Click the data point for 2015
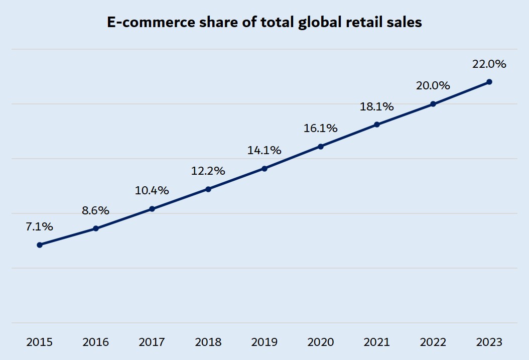pos(39,245)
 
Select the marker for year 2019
pos(264,169)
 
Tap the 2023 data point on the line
pos(489,82)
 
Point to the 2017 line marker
pos(152,209)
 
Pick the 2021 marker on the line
pos(377,125)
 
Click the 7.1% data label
pos(39,227)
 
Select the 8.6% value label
pos(95,211)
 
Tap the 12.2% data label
pos(208,171)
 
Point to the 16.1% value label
pos(320,129)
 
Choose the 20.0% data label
pos(433,86)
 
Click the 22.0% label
pos(489,64)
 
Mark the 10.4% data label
pos(152,191)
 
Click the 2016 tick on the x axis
pos(95,342)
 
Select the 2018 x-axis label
pos(208,342)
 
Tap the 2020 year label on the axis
pos(320,342)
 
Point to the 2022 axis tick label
pos(433,342)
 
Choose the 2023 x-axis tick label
pos(489,342)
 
